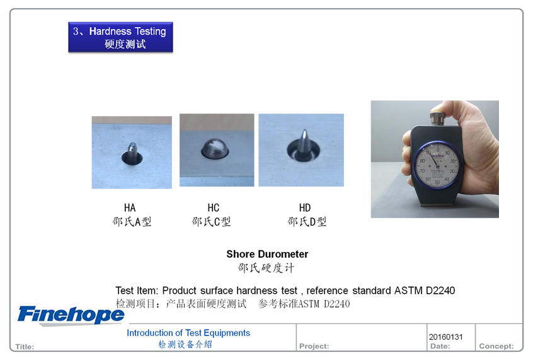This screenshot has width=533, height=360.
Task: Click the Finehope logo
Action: (71, 315)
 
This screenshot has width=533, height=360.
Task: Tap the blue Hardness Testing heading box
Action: (120, 37)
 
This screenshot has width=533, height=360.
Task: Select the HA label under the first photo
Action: (130, 207)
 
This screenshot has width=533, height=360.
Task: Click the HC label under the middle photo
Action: (214, 207)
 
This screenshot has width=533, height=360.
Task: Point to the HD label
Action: (305, 207)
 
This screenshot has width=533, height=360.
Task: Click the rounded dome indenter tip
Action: (214, 149)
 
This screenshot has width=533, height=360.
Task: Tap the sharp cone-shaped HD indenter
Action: (304, 144)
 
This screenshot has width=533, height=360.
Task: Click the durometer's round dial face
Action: (437, 165)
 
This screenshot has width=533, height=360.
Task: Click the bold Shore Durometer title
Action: (267, 254)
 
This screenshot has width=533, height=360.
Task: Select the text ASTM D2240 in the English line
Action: (425, 291)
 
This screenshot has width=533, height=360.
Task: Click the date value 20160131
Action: (445, 337)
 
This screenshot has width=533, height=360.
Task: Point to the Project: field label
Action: (314, 346)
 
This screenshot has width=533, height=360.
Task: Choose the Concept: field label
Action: (496, 346)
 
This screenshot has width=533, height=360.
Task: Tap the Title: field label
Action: (25, 347)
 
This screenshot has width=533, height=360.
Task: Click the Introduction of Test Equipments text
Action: (188, 333)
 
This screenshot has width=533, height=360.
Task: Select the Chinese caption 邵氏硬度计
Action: (266, 268)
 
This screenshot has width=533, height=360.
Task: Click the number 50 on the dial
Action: (437, 182)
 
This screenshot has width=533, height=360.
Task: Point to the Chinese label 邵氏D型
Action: (307, 221)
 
